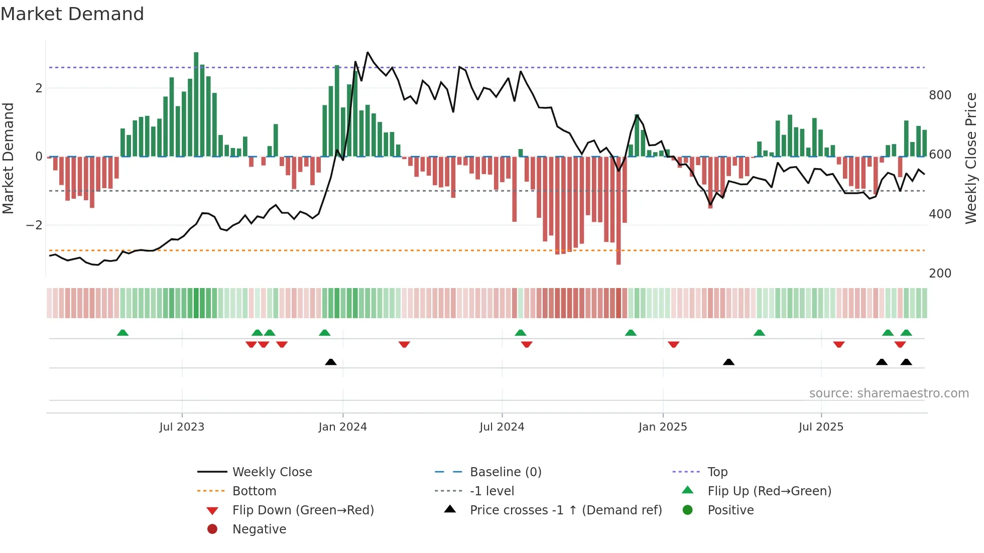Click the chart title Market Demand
pos(72,14)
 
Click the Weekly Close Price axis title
pos(971,158)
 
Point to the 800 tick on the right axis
pos(940,95)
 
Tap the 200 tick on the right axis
pos(940,273)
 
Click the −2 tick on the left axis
pos(34,225)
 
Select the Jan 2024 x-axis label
pos(342,427)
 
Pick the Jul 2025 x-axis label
pos(821,427)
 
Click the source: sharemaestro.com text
pos(889,393)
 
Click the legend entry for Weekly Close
pos(272,472)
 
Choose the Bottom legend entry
pos(254,491)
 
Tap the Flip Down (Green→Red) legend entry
pos(303,510)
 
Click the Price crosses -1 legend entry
pos(565,510)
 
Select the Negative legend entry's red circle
pos(212,529)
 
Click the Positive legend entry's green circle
pos(688,510)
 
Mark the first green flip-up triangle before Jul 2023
pos(122,333)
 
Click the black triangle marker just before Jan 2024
pos(330,362)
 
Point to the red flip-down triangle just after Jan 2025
pos(674,344)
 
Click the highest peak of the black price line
pos(367,52)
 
